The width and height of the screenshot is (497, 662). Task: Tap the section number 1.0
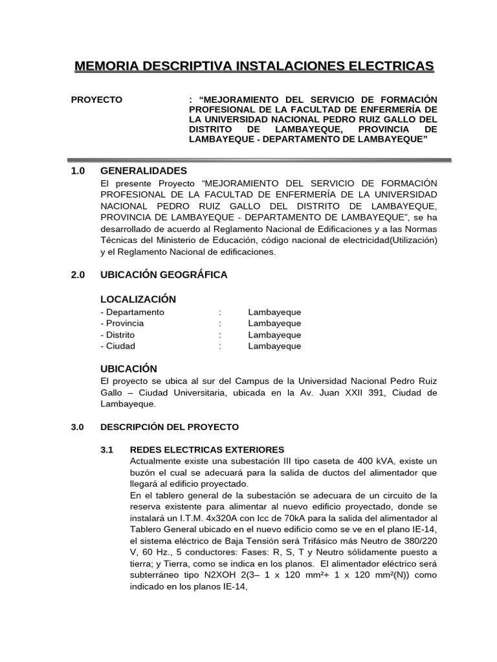78,171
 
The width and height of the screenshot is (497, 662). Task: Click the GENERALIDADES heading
144,171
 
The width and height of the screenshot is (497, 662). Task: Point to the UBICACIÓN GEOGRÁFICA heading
164,275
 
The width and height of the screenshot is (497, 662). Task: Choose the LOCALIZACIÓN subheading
138,299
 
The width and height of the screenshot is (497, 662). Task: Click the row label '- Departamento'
133,312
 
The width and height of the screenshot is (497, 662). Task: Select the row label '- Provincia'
122,323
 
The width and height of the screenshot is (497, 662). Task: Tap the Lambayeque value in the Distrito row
274,335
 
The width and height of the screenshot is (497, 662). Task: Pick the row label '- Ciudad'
118,346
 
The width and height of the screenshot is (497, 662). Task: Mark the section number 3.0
78,427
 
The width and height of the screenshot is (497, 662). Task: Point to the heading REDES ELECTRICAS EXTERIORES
207,449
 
